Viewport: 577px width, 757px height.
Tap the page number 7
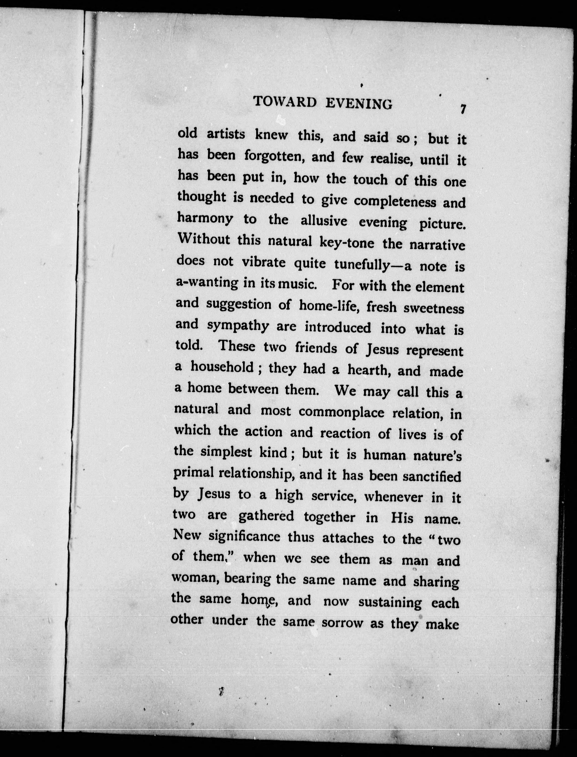click(x=463, y=109)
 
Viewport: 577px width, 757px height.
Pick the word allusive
click(x=324, y=221)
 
